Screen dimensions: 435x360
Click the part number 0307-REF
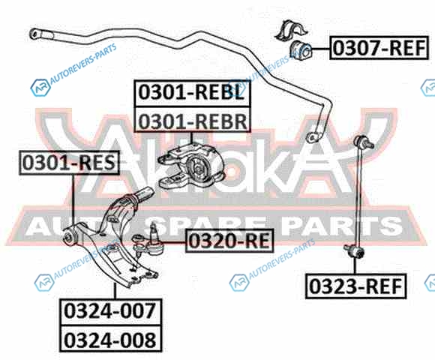pos(379,48)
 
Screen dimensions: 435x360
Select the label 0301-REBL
pos(192,93)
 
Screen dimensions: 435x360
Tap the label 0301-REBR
pos(192,120)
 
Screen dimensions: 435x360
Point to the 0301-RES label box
pos(69,163)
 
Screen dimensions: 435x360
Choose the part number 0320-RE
pos(229,241)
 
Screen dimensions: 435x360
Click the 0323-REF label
pos(355,286)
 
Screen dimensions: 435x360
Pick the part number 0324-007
pos(110,312)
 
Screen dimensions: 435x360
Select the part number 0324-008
pos(110,339)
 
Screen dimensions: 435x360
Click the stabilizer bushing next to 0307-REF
pos(301,50)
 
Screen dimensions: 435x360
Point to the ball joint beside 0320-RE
pos(148,241)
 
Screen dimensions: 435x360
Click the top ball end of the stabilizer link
pos(364,142)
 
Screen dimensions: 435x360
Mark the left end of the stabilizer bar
pos(35,34)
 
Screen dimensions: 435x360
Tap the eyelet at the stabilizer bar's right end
pos(313,137)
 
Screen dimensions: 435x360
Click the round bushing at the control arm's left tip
pos(68,236)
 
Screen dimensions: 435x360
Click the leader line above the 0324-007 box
pos(115,291)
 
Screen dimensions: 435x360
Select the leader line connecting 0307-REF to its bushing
pos(321,49)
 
